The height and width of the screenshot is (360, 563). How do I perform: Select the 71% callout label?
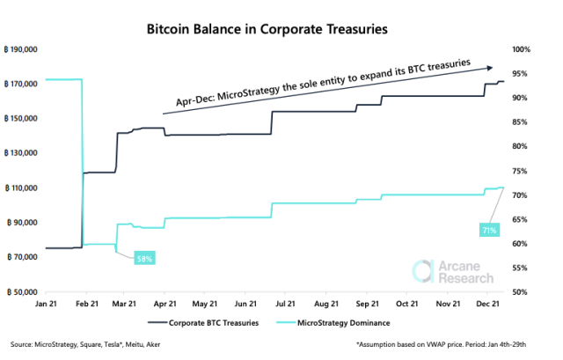pyautogui.click(x=489, y=230)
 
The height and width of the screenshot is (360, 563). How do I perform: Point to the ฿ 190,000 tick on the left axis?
pyautogui.click(x=23, y=49)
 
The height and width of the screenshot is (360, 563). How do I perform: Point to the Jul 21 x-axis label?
pyautogui.click(x=286, y=304)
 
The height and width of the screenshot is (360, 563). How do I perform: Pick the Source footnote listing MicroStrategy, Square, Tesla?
pyautogui.click(x=81, y=345)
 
